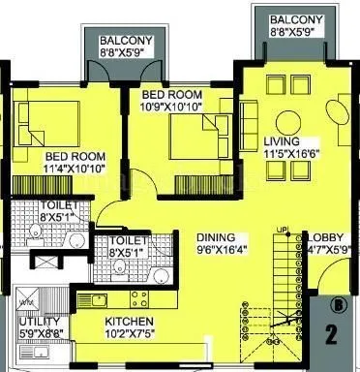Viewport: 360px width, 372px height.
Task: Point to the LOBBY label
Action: click(x=324, y=235)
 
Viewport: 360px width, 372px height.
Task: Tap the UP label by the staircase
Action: click(x=283, y=230)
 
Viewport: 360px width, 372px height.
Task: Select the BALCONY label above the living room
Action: click(x=291, y=19)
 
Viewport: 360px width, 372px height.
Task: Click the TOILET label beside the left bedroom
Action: click(x=35, y=204)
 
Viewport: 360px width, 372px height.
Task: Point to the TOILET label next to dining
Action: click(x=128, y=239)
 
